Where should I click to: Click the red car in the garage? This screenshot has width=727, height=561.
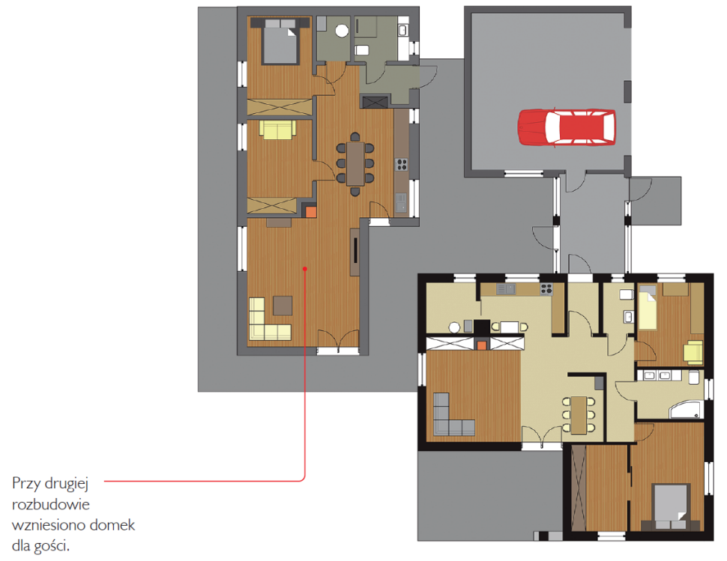click(x=567, y=127)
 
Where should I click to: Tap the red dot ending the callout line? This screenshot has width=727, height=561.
click(x=304, y=269)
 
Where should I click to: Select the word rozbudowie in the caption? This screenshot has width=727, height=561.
click(x=50, y=504)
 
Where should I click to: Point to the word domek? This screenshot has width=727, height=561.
click(x=112, y=525)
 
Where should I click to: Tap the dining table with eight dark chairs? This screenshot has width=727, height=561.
click(x=355, y=164)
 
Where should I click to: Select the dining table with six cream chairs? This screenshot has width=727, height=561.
click(x=578, y=415)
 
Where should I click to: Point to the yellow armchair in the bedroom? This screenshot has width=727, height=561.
click(x=693, y=352)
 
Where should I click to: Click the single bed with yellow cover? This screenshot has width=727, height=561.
click(x=648, y=307)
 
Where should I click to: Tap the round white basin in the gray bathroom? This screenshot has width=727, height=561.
click(x=342, y=31)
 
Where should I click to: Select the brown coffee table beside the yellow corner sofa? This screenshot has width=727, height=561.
click(x=283, y=306)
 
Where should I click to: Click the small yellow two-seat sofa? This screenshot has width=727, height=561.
click(x=277, y=130)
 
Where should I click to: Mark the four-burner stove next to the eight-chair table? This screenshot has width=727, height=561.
click(x=402, y=164)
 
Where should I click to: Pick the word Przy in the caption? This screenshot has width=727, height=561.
click(x=25, y=483)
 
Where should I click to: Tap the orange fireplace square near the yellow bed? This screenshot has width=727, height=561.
click(x=482, y=345)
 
